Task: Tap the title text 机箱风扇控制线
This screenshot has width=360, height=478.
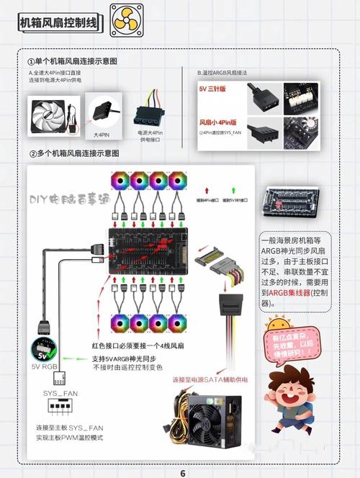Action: [60, 22]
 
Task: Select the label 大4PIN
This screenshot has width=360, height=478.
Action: [102, 135]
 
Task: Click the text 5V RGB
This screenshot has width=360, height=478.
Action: [47, 367]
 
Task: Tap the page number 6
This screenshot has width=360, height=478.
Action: [183, 472]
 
